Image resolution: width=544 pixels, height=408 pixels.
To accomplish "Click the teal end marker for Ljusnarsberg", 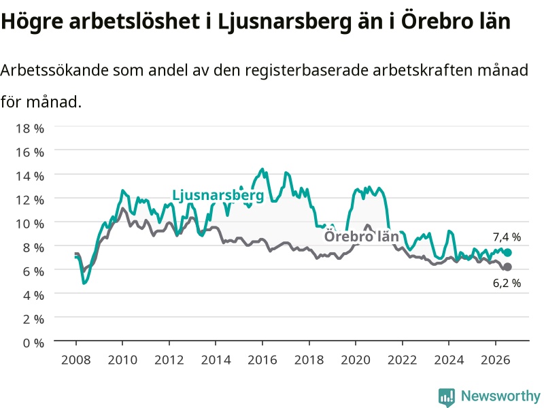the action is (507, 252).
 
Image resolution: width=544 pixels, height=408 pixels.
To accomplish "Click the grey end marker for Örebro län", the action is (507, 267).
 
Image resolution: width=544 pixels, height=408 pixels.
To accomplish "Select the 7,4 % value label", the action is (507, 237).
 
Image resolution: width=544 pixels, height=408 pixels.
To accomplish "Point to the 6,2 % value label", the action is (507, 283).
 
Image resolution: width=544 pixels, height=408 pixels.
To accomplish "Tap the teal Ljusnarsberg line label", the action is (218, 196).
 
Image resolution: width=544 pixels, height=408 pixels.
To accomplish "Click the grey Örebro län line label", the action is (362, 237).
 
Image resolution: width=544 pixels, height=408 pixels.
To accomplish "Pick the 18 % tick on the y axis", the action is (30, 129).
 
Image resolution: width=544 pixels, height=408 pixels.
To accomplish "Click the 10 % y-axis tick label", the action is (30, 224).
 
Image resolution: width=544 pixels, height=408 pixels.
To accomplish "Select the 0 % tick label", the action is (33, 343).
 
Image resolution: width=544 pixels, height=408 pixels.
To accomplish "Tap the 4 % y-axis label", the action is (33, 295).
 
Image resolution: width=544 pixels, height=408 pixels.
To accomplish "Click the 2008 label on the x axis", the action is (76, 360).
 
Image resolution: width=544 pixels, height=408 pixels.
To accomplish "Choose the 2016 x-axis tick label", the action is (262, 360).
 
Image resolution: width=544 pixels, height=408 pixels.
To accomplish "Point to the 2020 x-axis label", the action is (356, 360).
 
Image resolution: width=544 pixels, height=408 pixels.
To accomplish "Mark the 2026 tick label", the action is (496, 360).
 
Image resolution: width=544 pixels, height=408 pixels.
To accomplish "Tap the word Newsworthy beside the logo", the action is (500, 396).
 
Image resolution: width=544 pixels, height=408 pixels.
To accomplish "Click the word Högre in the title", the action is (32, 22).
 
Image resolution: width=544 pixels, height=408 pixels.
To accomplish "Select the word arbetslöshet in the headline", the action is (134, 21).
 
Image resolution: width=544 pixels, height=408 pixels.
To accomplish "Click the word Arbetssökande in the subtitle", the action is (54, 71).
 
